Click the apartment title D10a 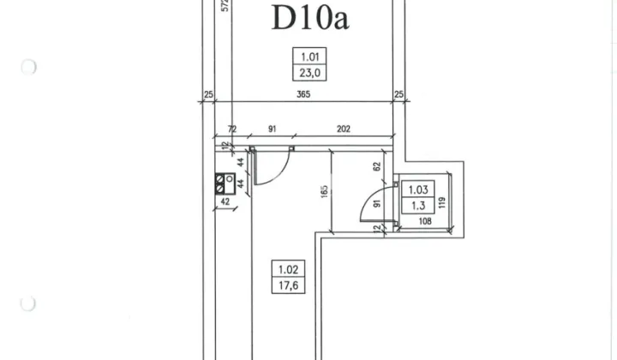tap(310, 17)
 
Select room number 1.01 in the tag tap(309, 57)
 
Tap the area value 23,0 tap(309, 73)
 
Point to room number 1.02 tap(289, 269)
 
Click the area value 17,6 tap(289, 285)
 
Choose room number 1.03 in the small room tap(418, 190)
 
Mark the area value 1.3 tap(418, 206)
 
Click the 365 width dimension tap(303, 94)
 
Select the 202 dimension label tap(344, 129)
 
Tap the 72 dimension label tap(232, 129)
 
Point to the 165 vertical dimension tap(324, 192)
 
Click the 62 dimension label tap(377, 166)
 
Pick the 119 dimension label tap(441, 202)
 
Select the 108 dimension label tap(425, 221)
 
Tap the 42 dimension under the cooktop tap(225, 201)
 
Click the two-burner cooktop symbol tap(225, 183)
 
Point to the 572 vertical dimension tap(225, 5)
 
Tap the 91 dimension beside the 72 tap(273, 129)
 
